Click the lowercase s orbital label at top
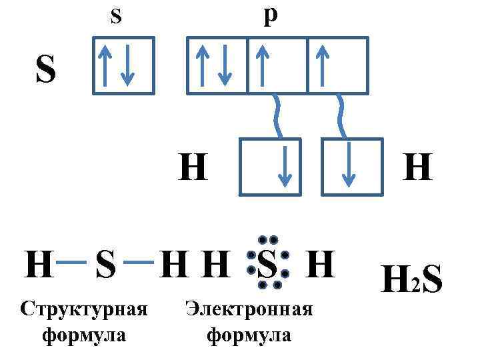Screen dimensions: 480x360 [x=115, y=15]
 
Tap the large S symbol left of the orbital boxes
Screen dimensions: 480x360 [x=45, y=70]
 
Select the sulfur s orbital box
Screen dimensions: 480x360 [x=123, y=65]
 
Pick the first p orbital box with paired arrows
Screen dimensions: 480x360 [x=217, y=65]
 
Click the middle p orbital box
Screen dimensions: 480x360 [x=277, y=65]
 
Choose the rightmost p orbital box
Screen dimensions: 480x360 [x=337, y=65]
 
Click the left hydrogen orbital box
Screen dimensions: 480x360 [x=270, y=167]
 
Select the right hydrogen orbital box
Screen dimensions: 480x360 [x=352, y=167]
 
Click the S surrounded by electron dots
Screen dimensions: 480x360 [x=267, y=265]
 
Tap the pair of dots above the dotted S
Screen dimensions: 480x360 [x=267, y=239]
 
